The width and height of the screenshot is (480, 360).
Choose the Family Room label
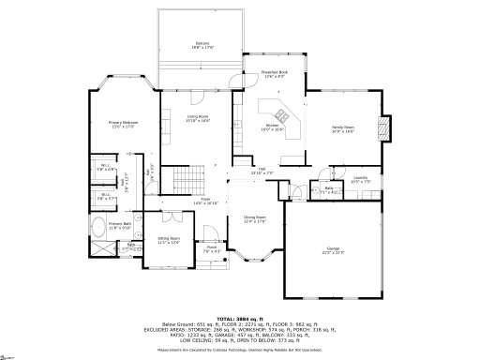[x=343, y=129]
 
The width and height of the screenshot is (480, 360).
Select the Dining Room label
[x=255, y=220]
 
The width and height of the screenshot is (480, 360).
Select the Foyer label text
[x=211, y=201]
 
